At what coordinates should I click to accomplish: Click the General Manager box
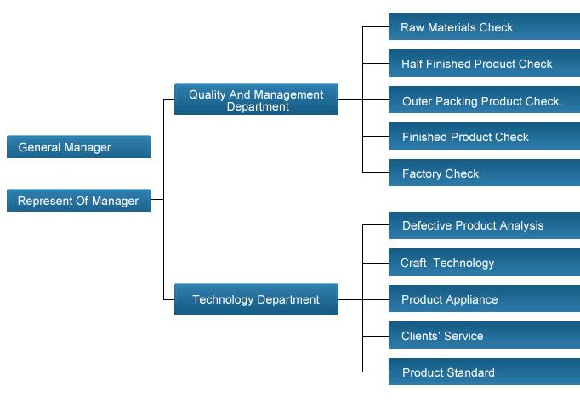pos(78,147)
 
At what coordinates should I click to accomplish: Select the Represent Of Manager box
pos(78,201)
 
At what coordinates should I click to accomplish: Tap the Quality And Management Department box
pos(256,99)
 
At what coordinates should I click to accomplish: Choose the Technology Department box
pos(256,299)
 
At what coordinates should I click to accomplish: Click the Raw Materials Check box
pos(484,26)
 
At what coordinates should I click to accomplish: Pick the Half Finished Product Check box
pos(484,63)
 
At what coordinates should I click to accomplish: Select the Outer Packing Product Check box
pos(484,99)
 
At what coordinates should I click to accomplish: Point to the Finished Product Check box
pos(484,136)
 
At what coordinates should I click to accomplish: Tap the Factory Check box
pos(484,173)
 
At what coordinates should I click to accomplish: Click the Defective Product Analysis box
pos(484,225)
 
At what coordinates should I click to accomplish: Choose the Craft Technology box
pos(484,262)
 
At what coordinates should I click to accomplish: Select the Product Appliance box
pos(484,298)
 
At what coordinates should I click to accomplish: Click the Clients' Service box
pos(484,335)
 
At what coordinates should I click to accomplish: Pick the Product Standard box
pos(484,372)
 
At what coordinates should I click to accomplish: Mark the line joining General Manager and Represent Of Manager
pos(65,173)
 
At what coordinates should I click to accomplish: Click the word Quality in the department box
pos(208,95)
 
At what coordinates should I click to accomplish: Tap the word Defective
pos(427,225)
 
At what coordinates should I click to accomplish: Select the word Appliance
pos(474,299)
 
